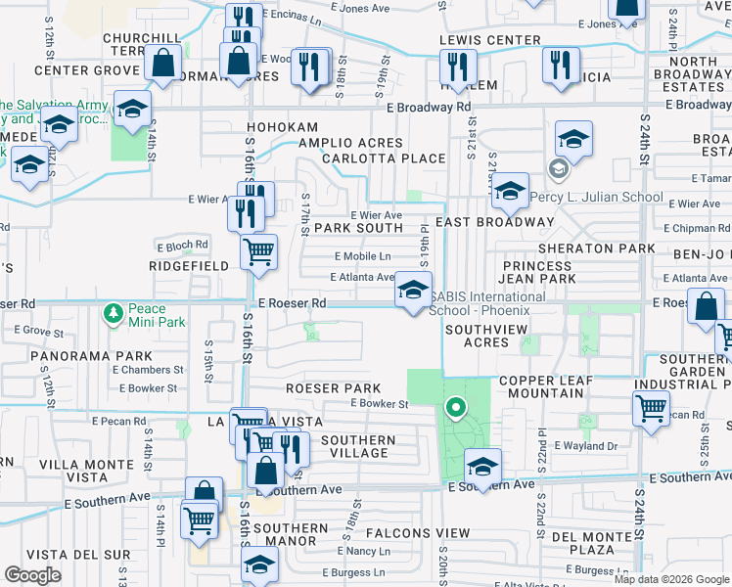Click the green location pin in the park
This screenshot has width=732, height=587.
(454, 407)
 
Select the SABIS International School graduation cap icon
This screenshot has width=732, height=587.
(413, 291)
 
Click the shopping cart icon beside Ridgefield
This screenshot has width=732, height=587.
(258, 251)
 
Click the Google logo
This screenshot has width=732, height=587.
(32, 575)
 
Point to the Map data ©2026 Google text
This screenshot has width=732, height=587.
(671, 578)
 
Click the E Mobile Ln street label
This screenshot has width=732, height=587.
(363, 256)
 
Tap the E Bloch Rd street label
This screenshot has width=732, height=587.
(182, 245)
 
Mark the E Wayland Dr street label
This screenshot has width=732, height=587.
(585, 446)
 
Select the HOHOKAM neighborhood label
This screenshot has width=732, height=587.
(282, 127)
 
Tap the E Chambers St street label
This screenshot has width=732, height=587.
(148, 370)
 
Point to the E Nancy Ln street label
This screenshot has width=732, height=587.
(361, 552)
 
